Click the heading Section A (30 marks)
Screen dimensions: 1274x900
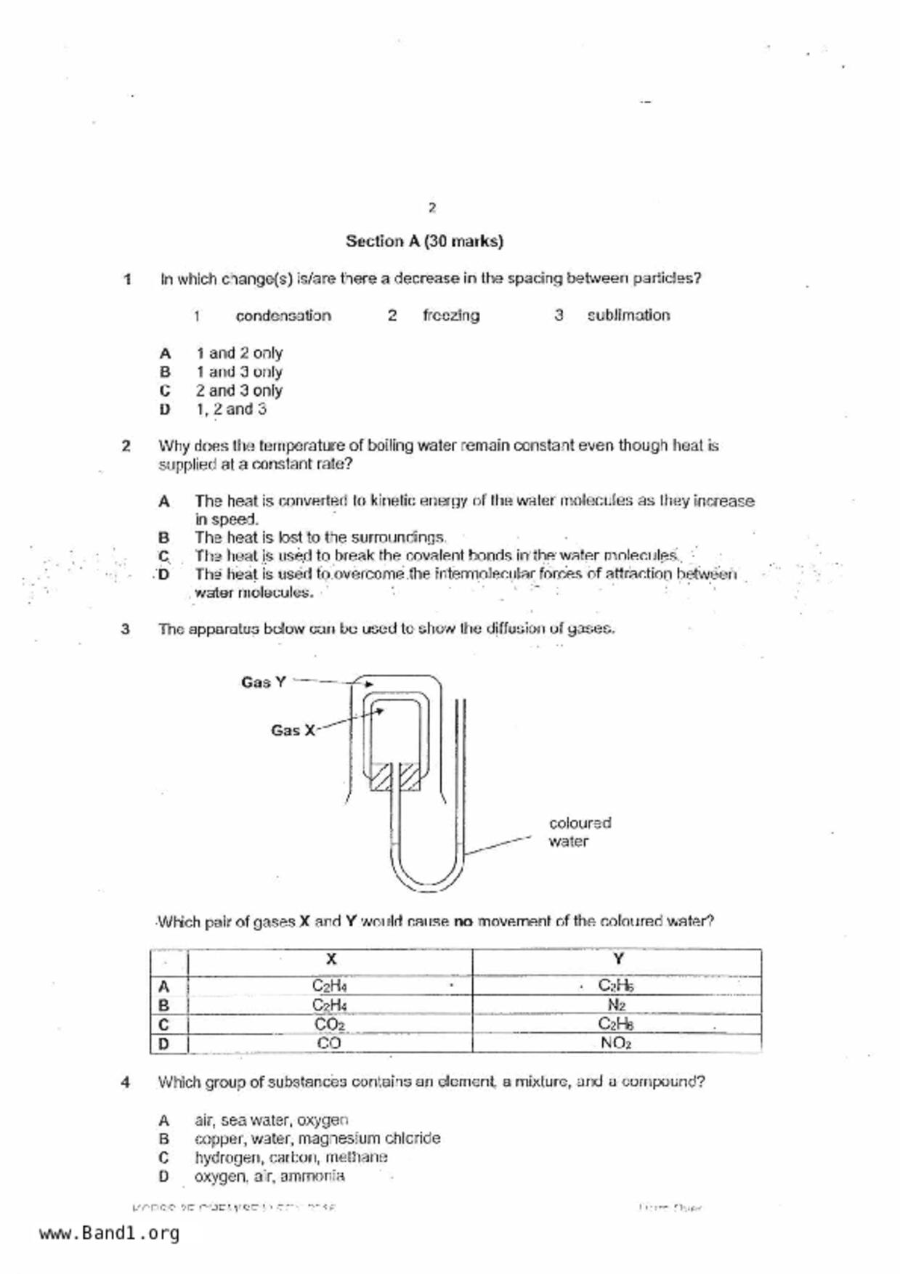point(424,241)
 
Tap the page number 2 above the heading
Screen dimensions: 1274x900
point(432,208)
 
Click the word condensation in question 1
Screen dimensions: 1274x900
point(283,315)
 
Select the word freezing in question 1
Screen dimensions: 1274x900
point(451,315)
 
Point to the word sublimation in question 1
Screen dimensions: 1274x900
point(628,315)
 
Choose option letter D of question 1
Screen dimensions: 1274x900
point(165,409)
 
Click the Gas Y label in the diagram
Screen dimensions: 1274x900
point(263,682)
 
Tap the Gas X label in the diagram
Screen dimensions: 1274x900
point(293,730)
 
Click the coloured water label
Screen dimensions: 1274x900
point(580,832)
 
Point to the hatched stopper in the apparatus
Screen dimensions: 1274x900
point(394,777)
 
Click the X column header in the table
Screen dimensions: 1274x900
point(331,959)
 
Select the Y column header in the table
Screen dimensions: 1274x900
point(617,959)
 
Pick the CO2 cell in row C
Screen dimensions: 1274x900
point(329,1024)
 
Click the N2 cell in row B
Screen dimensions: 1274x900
point(616,1005)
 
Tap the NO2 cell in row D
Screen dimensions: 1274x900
point(616,1043)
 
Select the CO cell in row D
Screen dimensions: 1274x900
point(328,1043)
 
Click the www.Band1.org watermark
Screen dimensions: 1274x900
point(109,1233)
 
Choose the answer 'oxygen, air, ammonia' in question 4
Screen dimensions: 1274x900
point(269,1176)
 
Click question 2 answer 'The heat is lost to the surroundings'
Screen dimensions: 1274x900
point(320,537)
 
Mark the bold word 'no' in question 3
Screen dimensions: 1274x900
point(463,922)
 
